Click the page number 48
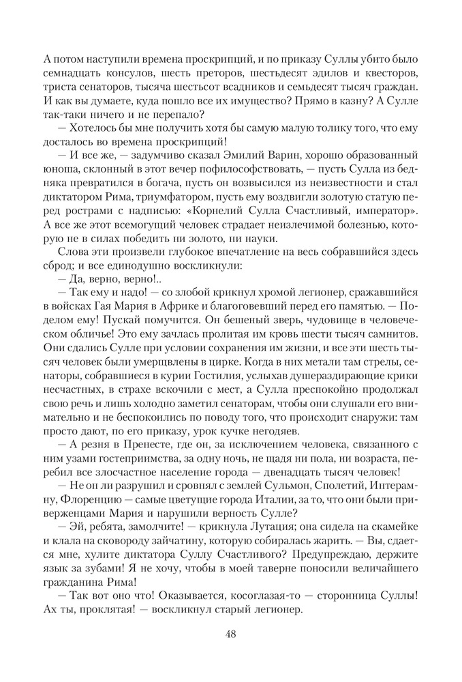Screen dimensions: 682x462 pyautogui.click(x=230, y=634)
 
